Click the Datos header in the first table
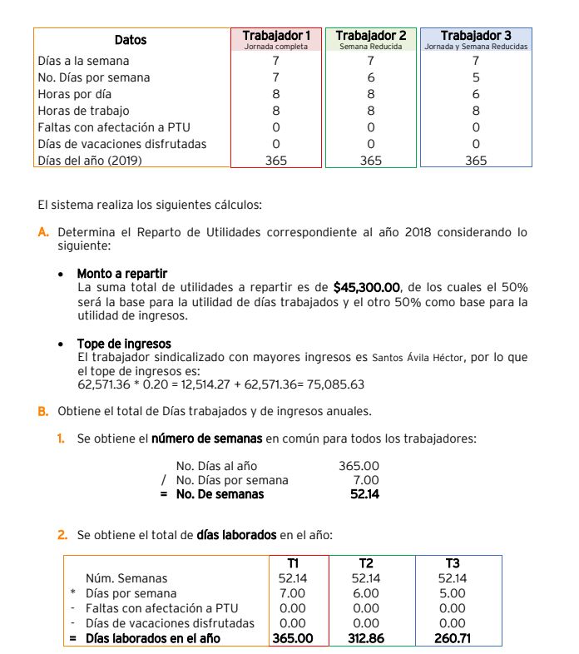click(131, 40)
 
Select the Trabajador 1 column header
click(276, 37)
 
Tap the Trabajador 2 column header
click(371, 37)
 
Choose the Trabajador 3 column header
click(476, 37)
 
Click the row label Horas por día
click(75, 94)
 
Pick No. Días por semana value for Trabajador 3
click(476, 77)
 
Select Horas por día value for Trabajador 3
click(476, 94)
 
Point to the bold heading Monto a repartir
click(121, 273)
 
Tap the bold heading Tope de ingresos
click(124, 344)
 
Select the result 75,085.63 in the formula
click(338, 384)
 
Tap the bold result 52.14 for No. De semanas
click(364, 494)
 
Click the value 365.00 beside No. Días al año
click(359, 466)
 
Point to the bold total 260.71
click(453, 638)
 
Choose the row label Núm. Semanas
click(126, 578)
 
